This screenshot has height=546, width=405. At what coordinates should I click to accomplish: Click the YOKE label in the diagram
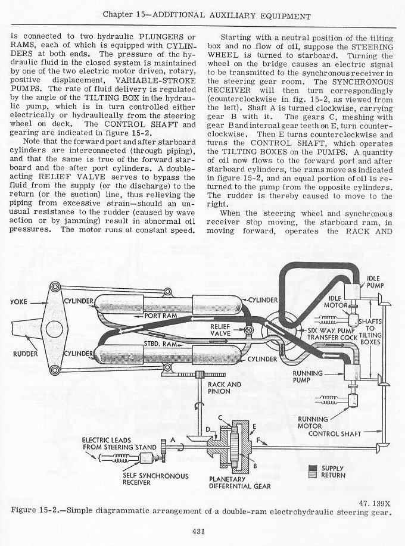[x=21, y=302]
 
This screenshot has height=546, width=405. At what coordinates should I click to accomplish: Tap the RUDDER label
[x=25, y=355]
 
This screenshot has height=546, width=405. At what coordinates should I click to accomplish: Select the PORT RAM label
[x=160, y=315]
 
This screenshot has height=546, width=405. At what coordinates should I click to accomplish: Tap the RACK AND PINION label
[x=224, y=388]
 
